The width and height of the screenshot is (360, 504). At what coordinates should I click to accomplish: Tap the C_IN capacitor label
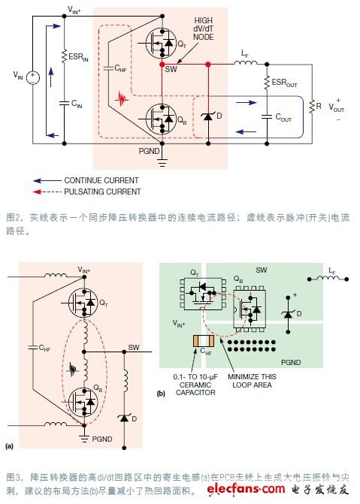[76, 104]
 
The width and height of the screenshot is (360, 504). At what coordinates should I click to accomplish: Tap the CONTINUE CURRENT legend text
[101, 180]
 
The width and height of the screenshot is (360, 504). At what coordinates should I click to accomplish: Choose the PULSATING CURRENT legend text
[101, 192]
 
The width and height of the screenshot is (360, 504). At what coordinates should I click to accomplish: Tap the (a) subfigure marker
[10, 446]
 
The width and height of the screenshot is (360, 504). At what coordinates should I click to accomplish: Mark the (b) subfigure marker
[161, 392]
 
